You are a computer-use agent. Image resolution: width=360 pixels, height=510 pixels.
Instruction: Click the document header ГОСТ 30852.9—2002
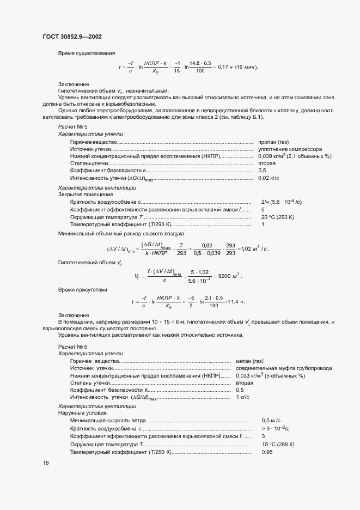click(x=72, y=37)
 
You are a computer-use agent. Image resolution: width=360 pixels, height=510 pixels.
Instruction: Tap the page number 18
click(x=46, y=463)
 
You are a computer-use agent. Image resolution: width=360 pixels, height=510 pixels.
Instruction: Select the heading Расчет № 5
click(x=72, y=126)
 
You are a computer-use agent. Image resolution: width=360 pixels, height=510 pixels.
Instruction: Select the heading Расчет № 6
click(x=72, y=347)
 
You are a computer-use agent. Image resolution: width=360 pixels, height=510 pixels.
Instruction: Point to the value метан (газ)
click(x=249, y=361)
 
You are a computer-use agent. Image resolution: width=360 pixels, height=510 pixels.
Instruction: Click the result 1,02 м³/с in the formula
click(x=254, y=248)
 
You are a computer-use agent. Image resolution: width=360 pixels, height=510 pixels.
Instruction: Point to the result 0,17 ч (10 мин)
click(x=237, y=67)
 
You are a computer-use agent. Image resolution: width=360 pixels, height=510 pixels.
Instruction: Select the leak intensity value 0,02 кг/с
click(x=269, y=178)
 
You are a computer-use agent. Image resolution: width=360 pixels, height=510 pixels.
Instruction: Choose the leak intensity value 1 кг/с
click(x=242, y=398)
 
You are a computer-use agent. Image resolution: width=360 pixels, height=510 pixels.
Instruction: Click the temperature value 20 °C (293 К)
click(x=278, y=217)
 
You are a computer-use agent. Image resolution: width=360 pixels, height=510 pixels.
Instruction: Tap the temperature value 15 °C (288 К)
click(x=278, y=444)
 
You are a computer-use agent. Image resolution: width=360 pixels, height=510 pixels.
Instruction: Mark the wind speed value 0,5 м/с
click(x=271, y=421)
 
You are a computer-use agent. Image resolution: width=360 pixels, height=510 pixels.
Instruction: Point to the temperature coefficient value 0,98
click(x=266, y=452)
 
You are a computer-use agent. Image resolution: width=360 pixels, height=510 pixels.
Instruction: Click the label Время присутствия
click(x=82, y=289)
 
